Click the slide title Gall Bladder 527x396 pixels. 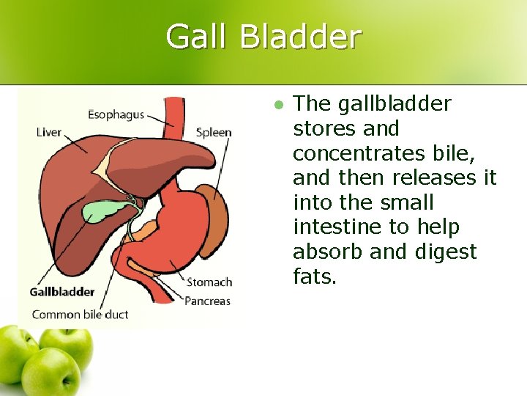263,37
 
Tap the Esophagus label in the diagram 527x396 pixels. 116,115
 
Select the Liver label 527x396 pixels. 49,133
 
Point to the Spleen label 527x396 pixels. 214,133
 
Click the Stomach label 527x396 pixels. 209,282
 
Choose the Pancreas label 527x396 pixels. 207,301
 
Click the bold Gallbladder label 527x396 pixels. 62,292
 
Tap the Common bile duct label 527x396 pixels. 80,315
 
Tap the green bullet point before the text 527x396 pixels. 277,105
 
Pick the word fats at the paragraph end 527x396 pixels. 315,277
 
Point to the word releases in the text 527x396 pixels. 434,178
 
